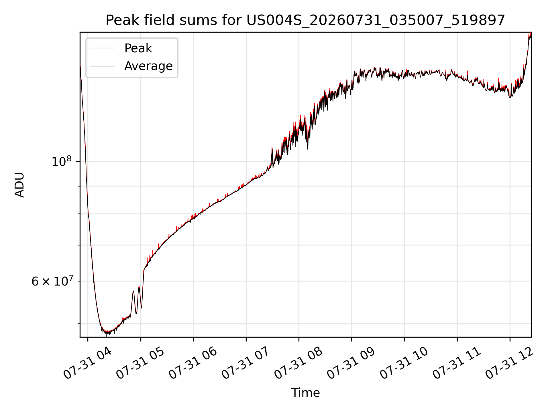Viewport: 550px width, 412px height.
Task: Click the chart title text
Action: click(x=305, y=20)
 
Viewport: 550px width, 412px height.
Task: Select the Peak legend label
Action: click(x=138, y=48)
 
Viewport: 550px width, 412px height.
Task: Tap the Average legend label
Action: click(x=148, y=66)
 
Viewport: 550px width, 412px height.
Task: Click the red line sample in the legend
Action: click(x=103, y=48)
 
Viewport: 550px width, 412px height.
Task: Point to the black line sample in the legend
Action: click(x=103, y=66)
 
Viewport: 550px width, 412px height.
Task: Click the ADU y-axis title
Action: click(x=19, y=185)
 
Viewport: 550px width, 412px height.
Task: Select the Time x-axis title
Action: click(x=305, y=393)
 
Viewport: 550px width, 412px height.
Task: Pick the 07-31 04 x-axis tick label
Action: click(x=87, y=363)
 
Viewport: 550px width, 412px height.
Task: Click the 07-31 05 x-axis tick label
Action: click(x=140, y=363)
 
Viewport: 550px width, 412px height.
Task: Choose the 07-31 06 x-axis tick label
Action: click(x=193, y=363)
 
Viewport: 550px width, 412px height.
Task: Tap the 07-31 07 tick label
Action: click(x=245, y=363)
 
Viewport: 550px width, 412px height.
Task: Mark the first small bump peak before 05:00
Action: click(x=133, y=291)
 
